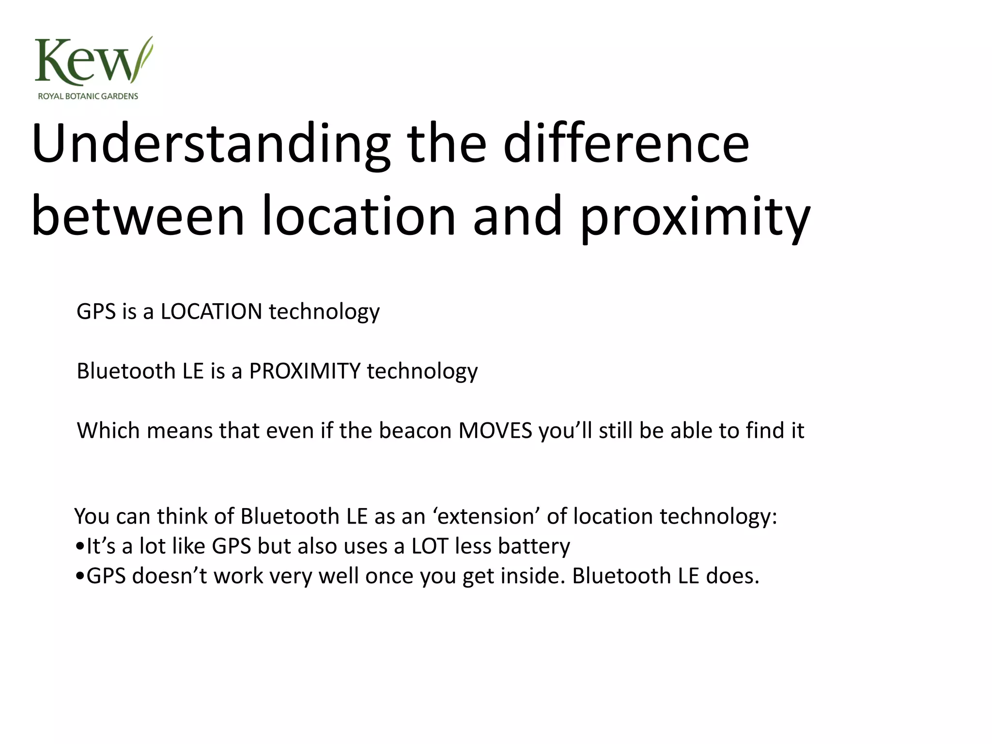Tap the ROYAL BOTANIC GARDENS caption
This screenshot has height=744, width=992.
[x=88, y=96]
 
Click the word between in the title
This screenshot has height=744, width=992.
[x=138, y=217]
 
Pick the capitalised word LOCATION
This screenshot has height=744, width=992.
[x=212, y=311]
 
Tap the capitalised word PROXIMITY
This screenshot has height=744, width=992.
[x=305, y=371]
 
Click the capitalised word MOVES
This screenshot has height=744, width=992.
[x=495, y=431]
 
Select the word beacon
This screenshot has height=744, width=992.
[x=415, y=431]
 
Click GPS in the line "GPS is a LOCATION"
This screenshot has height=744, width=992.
[x=96, y=311]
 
